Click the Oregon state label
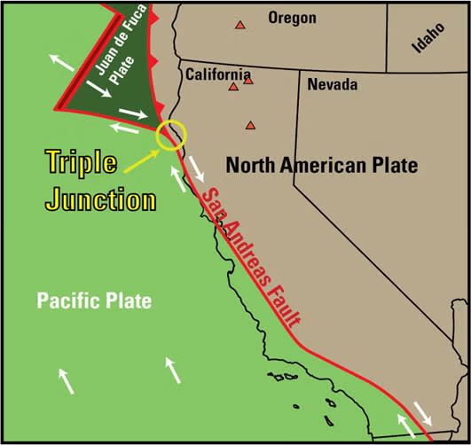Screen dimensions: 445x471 tap(292, 18)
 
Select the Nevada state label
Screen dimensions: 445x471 tap(332, 85)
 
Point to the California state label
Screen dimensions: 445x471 tap(217, 74)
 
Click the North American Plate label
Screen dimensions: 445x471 tap(321, 165)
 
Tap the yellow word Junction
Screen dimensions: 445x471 tap(100, 199)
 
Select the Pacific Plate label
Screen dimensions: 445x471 tap(94, 301)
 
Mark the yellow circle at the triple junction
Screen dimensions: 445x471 tap(170, 135)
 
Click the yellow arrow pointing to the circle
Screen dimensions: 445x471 tap(142, 157)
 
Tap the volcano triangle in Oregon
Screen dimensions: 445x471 tap(239, 26)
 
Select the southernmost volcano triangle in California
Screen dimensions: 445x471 tap(251, 126)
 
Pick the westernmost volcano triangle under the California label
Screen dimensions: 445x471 tap(233, 87)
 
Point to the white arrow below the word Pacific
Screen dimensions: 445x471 tap(67, 380)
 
